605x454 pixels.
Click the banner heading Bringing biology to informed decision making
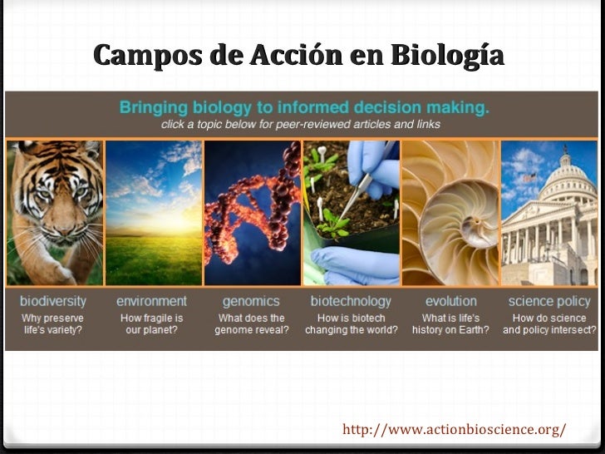[x=304, y=107]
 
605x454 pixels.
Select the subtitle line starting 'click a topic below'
[x=300, y=124]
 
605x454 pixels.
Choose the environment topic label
[x=151, y=301]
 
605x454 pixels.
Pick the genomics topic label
[x=251, y=301]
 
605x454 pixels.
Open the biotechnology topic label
[x=351, y=301]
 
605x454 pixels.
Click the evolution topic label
[x=450, y=301]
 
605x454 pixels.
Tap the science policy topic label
[x=549, y=301]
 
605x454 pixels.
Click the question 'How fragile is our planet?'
[x=151, y=323]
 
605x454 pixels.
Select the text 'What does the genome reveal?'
[x=251, y=323]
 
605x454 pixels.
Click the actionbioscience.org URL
[x=454, y=430]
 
